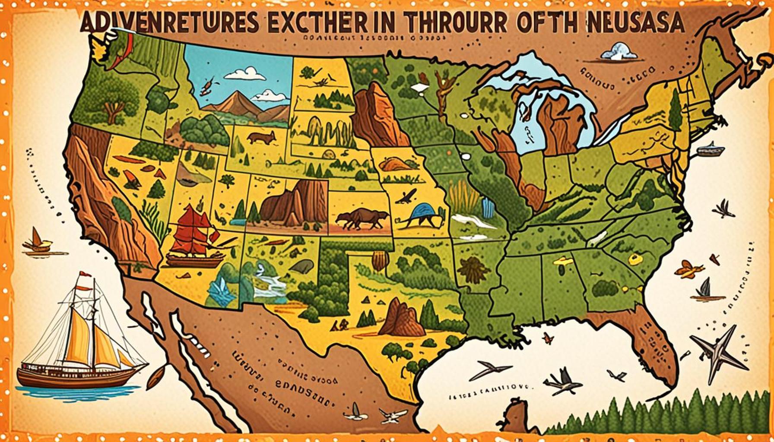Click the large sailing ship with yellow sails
82,341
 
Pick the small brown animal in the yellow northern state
262,138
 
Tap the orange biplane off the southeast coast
689,270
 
